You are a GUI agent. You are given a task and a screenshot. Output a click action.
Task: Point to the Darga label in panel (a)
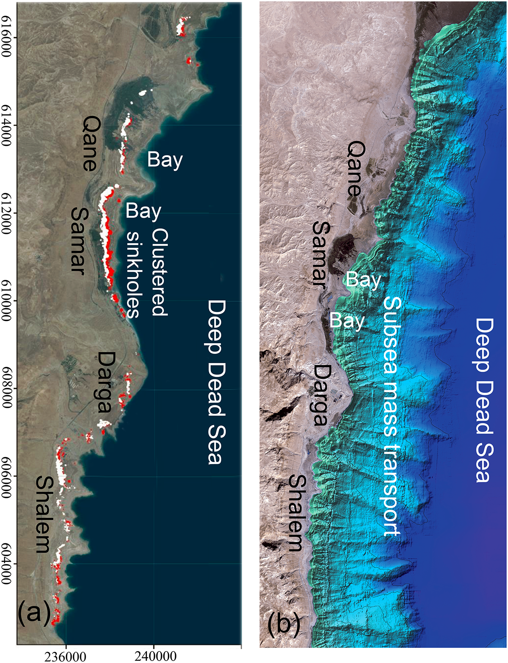106,382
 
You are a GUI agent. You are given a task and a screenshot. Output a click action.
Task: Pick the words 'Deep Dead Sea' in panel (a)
216,382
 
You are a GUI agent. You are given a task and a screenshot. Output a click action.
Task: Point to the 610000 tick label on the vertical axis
6,301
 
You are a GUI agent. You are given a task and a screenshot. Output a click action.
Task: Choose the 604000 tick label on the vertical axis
6,564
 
